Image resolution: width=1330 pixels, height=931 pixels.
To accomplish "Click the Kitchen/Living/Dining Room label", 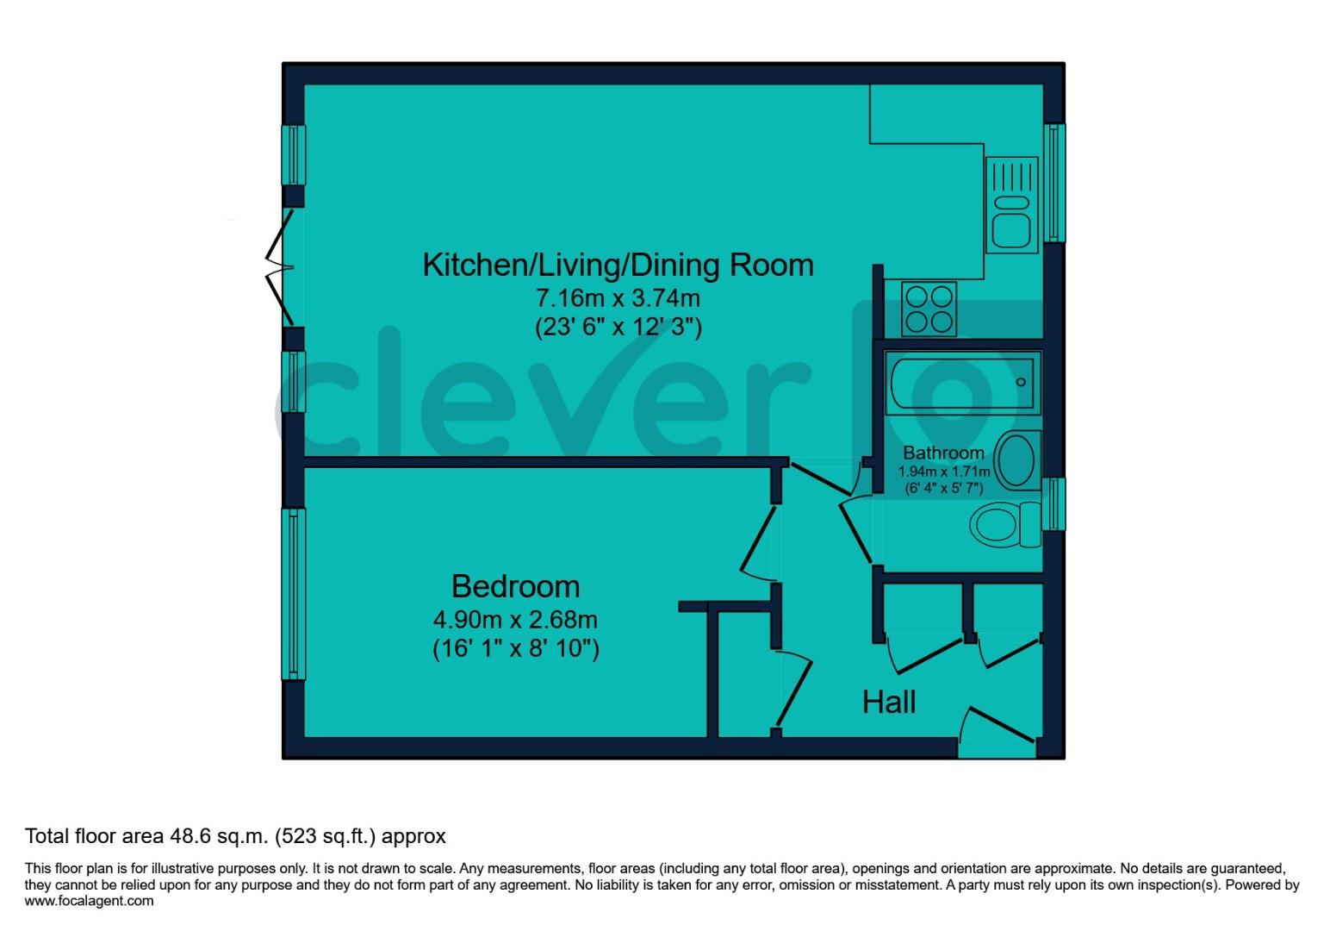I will click(x=618, y=265).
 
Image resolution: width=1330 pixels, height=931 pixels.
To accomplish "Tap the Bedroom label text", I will click(x=515, y=586).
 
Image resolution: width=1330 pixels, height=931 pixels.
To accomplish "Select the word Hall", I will click(x=889, y=703).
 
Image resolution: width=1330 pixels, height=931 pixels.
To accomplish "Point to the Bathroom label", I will click(x=943, y=453).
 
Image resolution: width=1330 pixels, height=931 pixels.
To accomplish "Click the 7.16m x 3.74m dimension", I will click(x=618, y=298).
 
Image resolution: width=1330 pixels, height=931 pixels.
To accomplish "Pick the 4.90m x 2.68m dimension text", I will click(x=515, y=619).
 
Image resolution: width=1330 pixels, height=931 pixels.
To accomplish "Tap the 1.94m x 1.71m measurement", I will click(x=943, y=472).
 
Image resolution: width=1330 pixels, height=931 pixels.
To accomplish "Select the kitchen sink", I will click(x=1011, y=207).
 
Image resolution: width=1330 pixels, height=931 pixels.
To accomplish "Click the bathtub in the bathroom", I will click(x=961, y=382).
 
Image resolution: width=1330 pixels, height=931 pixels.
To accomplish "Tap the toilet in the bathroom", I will click(x=1004, y=524).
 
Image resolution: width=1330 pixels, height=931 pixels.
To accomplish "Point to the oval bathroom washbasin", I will click(x=1016, y=460).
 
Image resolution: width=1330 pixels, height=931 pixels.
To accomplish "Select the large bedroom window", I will click(x=294, y=593).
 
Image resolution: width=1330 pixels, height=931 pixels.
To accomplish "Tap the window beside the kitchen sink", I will click(x=1054, y=182).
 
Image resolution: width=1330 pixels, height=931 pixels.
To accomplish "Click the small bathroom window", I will click(x=1054, y=504).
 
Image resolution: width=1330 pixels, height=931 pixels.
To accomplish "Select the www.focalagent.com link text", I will click(x=90, y=901).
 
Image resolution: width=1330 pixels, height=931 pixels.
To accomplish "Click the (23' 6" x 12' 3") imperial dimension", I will click(x=618, y=328).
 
